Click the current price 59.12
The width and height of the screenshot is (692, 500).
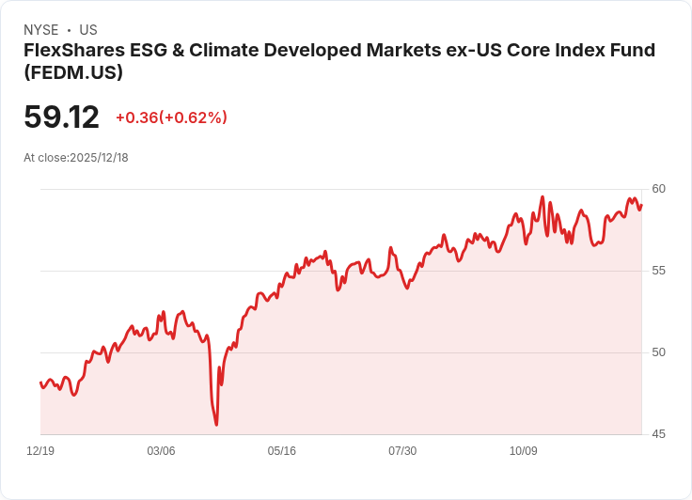coord(61,117)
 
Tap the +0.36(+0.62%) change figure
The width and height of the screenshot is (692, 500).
coord(171,117)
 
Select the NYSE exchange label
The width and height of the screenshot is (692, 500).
coord(41,30)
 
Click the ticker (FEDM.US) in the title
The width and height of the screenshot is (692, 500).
coord(73,72)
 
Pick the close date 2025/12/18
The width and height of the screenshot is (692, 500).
coord(99,158)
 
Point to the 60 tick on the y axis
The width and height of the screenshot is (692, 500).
coord(658,189)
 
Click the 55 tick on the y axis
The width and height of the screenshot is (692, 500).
coord(658,271)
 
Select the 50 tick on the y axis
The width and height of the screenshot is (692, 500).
coord(658,352)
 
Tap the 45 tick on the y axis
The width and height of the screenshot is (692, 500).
coord(658,434)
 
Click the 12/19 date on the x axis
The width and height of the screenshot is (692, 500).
coord(40,451)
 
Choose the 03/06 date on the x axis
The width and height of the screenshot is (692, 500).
coord(161,451)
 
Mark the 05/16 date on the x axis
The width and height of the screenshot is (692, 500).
coord(282,451)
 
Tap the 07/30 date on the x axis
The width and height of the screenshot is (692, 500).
coord(402,451)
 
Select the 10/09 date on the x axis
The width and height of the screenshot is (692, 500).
coord(524,451)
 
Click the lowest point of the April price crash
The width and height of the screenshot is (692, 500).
coord(216,425)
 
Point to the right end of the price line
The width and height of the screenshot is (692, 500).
coord(641,206)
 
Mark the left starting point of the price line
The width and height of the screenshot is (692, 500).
coord(40,382)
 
